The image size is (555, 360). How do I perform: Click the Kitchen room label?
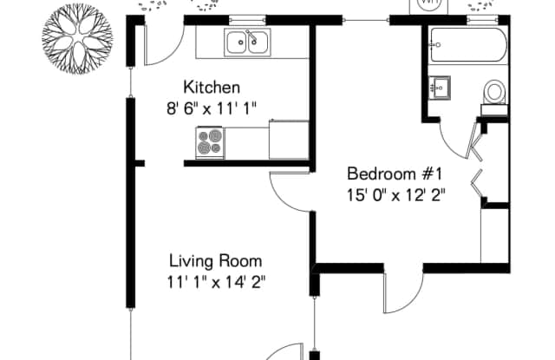click(212, 87)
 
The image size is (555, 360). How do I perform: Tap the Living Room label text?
click(216, 261)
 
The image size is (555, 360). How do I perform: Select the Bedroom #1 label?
click(395, 173)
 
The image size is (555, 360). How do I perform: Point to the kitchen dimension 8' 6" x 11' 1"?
click(212, 108)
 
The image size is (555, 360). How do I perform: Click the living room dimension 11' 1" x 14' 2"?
click(216, 283)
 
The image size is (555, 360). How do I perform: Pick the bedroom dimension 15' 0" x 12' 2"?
click(395, 195)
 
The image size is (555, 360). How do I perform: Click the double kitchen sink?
click(247, 43)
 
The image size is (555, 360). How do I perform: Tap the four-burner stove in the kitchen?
click(210, 142)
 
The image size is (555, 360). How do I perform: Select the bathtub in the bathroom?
click(468, 45)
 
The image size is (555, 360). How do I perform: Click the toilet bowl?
click(494, 92)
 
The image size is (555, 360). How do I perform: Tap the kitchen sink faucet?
click(251, 36)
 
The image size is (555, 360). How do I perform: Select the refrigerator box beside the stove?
click(289, 140)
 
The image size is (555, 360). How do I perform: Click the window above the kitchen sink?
click(247, 20)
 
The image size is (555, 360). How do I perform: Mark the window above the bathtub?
click(482, 20)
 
